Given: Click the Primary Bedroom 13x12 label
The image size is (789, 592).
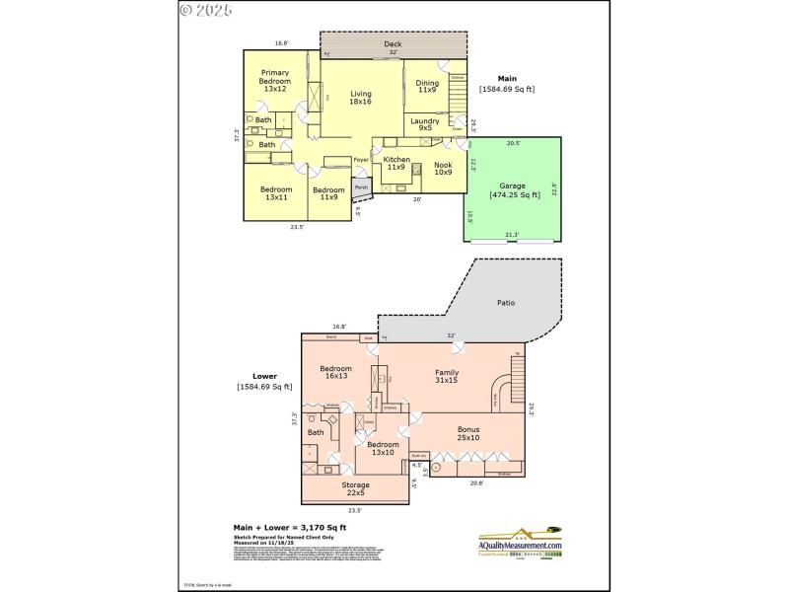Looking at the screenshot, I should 274,81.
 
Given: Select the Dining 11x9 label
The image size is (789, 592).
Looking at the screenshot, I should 426,86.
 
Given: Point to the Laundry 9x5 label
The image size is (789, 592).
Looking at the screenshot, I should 425,125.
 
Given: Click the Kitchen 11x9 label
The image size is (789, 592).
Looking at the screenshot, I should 395,163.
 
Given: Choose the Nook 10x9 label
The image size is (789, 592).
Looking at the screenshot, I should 442,169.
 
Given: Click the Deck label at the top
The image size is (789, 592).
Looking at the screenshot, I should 393,45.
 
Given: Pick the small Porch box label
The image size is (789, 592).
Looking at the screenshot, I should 362,185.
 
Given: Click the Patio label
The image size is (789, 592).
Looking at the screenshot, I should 506,303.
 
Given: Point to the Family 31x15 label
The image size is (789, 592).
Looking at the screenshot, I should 447,376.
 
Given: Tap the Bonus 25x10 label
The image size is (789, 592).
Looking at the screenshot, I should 467,434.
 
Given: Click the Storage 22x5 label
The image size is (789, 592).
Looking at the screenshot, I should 355,488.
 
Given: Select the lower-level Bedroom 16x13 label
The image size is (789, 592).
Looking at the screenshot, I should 334,372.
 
